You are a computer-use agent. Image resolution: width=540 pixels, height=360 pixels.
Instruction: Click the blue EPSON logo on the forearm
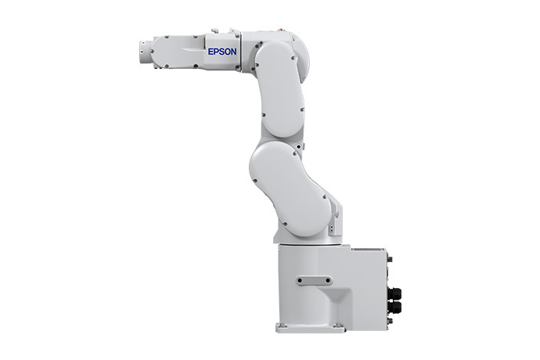[222, 52]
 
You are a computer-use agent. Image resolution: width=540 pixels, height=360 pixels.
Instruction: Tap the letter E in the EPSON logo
[211, 52]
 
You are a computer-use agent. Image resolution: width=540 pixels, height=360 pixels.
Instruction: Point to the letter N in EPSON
[233, 52]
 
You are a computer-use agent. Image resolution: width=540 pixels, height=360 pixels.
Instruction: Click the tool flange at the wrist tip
[143, 52]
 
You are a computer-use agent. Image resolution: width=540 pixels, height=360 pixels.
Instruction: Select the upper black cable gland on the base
[394, 294]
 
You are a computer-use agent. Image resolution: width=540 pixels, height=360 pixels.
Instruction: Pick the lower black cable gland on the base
[394, 308]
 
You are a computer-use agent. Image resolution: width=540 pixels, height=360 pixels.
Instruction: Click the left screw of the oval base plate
[300, 281]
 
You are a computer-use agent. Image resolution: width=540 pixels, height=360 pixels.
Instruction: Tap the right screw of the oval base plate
[327, 281]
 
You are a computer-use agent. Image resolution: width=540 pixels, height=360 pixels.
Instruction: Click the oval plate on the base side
[314, 281]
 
